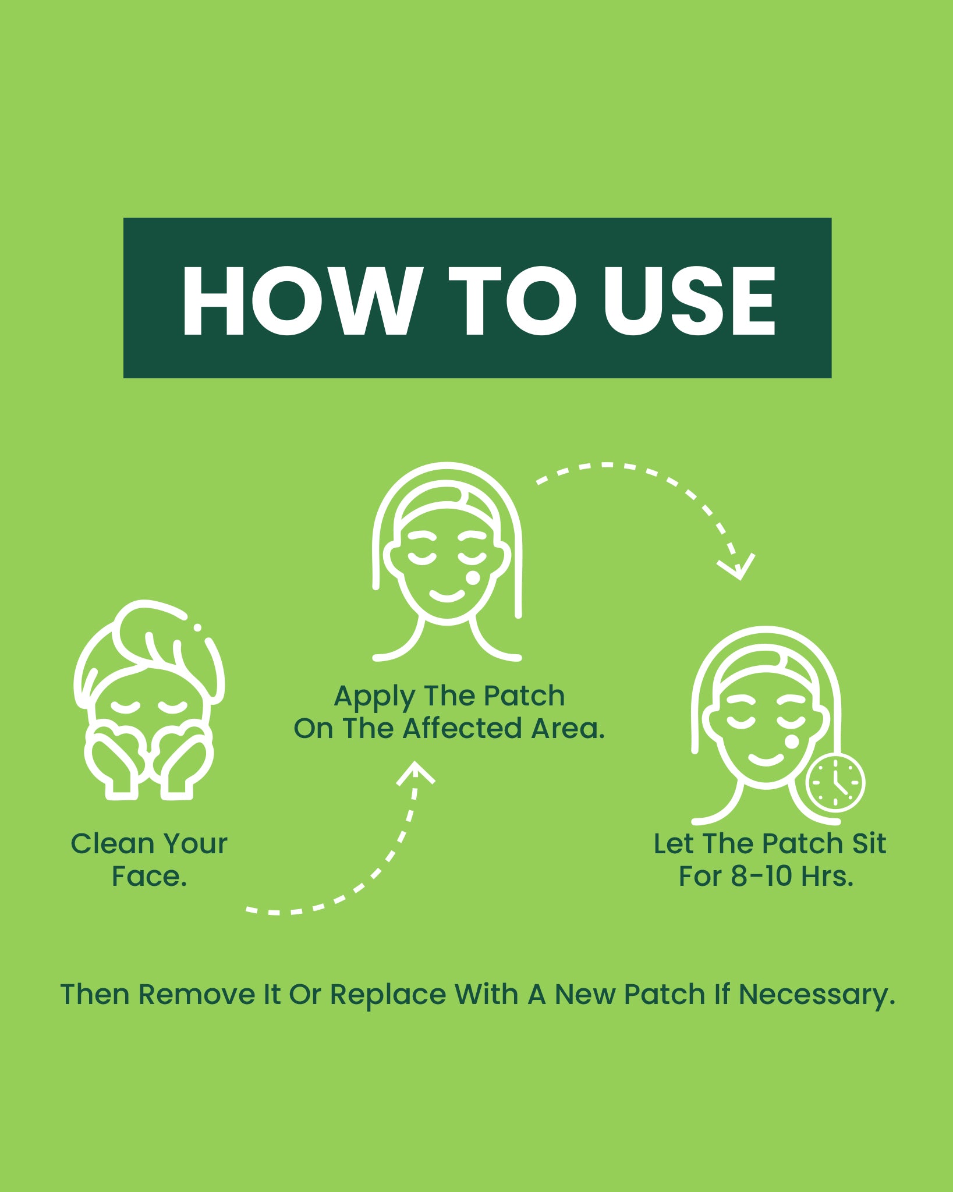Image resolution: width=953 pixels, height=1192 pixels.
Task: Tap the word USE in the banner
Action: pyautogui.click(x=690, y=300)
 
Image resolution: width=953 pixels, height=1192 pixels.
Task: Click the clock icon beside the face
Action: pyautogui.click(x=835, y=783)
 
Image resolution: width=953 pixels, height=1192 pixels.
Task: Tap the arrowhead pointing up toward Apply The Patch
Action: pyautogui.click(x=416, y=773)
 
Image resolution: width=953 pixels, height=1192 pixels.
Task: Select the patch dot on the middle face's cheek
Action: pyautogui.click(x=474, y=578)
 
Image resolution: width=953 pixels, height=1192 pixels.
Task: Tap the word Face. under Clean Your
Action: pyautogui.click(x=150, y=877)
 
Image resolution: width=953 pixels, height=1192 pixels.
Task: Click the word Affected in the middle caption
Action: pyautogui.click(x=462, y=728)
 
